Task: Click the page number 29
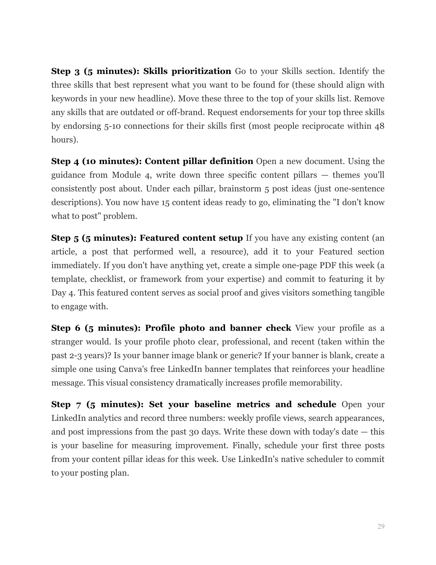pos(381,526)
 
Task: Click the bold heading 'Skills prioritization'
pos(187,71)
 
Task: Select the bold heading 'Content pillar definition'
pos(199,161)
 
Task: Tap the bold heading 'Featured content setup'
pos(191,238)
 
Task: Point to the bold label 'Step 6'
pos(66,328)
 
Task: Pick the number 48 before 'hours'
pos(379,126)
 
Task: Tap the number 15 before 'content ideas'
pos(166,202)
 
